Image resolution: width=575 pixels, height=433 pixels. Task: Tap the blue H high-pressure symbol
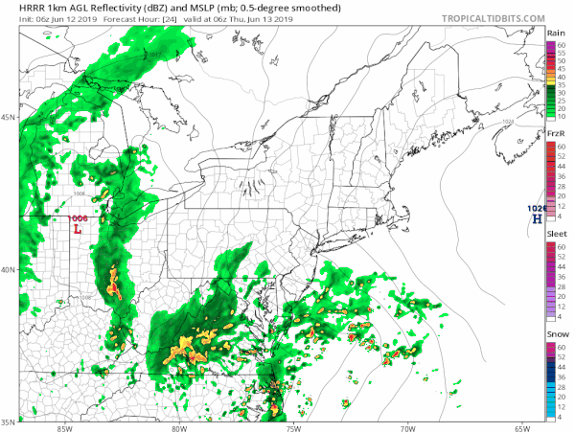click(x=538, y=219)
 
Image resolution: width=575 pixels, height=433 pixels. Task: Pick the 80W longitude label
click(x=177, y=427)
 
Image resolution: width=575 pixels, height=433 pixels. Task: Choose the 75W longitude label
click(x=292, y=427)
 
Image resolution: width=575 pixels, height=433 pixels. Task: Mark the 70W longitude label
click(x=407, y=427)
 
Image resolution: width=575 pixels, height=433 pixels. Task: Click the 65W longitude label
click(x=522, y=427)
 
